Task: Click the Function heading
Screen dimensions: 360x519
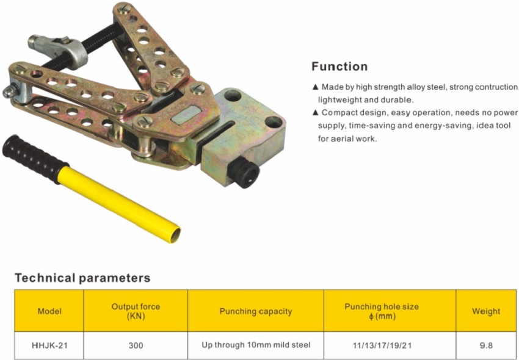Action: click(339, 67)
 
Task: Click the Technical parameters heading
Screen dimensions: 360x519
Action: click(82, 278)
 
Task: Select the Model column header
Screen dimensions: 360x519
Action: click(49, 311)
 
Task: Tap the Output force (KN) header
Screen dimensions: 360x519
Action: click(136, 311)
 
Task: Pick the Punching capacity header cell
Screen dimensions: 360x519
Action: click(255, 311)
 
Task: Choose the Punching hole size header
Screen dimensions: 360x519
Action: click(382, 311)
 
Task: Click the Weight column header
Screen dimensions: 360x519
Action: click(486, 311)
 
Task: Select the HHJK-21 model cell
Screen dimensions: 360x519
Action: click(49, 345)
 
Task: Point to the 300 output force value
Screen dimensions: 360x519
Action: click(136, 345)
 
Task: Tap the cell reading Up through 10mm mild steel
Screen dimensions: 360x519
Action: click(255, 345)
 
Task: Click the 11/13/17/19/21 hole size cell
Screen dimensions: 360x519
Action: click(382, 345)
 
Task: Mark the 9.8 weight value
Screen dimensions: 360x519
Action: click(486, 345)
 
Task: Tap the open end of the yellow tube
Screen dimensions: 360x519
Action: click(176, 233)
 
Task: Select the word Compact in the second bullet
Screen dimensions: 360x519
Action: click(338, 113)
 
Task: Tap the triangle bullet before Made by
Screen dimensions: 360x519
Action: click(315, 87)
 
